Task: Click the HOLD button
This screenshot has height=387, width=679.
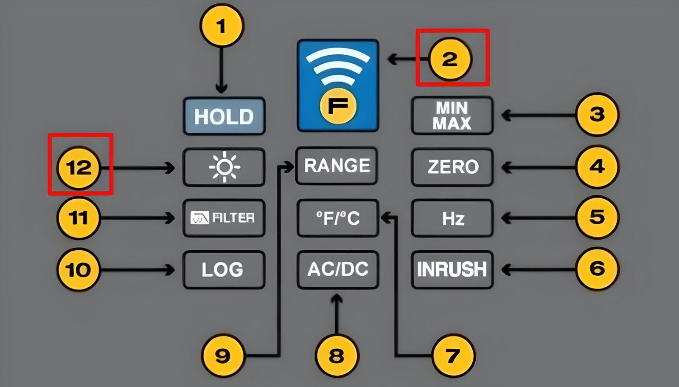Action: pos(224,116)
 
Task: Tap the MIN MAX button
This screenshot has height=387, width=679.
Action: pos(452,116)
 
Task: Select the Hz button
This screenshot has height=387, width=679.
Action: pos(452,218)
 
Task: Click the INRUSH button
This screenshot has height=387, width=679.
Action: pos(452,269)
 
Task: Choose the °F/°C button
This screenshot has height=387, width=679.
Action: pos(338,218)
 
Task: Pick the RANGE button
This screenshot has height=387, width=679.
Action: pos(337,166)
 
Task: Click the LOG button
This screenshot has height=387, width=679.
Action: pos(224,270)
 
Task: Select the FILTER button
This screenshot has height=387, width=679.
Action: pos(224,218)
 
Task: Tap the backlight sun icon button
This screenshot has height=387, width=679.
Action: pos(224,167)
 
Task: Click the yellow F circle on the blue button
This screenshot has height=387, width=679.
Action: pos(338,106)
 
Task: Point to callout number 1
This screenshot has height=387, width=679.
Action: pos(221,26)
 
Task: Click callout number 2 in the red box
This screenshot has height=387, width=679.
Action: pos(450,59)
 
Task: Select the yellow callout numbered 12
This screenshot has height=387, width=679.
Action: pos(79,167)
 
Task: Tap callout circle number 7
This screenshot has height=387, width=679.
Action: pos(452,356)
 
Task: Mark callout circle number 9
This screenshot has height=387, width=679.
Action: pos(222,356)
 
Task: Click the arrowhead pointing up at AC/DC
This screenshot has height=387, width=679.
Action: pos(337,299)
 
